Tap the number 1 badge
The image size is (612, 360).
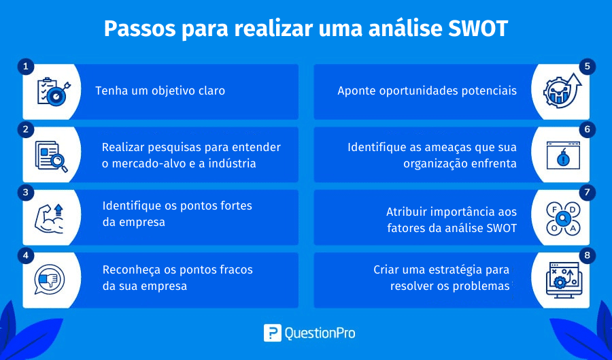pos(26,67)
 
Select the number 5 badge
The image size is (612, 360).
pos(587,67)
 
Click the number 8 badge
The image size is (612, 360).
pos(587,256)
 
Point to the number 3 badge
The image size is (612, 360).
pos(26,193)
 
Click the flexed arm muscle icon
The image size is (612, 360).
pos(49,218)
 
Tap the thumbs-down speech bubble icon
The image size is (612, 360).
pos(49,280)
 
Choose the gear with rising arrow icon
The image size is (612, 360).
pos(562,91)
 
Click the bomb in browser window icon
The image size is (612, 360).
pos(563,155)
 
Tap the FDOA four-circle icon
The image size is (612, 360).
pos(563,218)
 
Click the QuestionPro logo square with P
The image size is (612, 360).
pos(273,333)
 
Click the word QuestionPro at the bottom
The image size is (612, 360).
pos(320,333)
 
